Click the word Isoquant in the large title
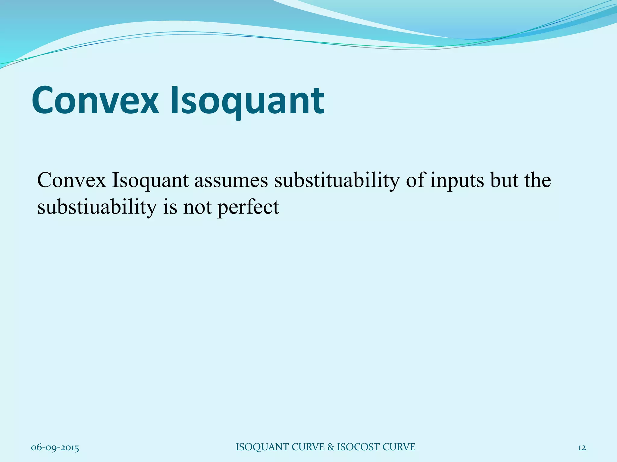pyautogui.click(x=248, y=101)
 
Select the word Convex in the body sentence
pyautogui.click(x=72, y=180)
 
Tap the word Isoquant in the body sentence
pyautogui.click(x=150, y=181)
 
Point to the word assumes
pyautogui.click(x=231, y=181)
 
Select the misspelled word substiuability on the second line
pyautogui.click(x=97, y=208)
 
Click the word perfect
pyautogui.click(x=248, y=208)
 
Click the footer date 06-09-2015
pyautogui.click(x=55, y=448)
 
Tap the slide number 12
pyautogui.click(x=582, y=448)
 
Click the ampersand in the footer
pyautogui.click(x=330, y=447)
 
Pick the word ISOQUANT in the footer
pyautogui.click(x=262, y=447)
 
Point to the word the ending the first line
pyautogui.click(x=537, y=180)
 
